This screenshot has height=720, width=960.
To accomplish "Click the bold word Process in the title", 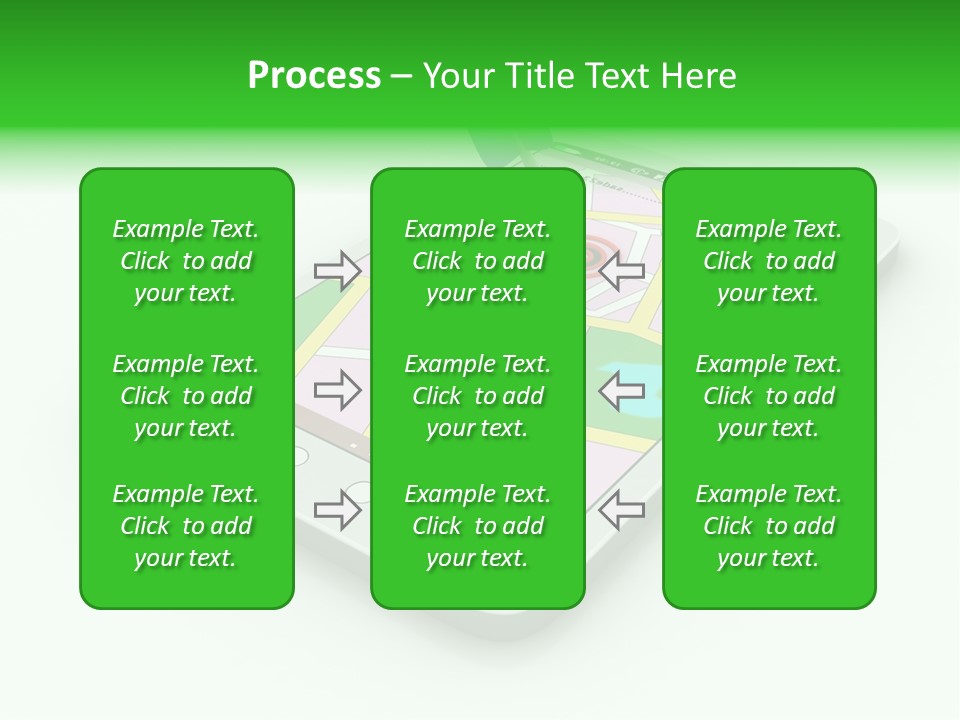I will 314,76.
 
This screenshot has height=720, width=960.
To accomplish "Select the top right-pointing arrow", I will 338,271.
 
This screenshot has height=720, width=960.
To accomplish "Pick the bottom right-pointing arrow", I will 338,510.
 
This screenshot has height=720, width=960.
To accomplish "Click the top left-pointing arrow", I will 621,271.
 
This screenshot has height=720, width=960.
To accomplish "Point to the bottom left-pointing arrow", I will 621,510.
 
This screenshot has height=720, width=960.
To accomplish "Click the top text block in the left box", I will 186,261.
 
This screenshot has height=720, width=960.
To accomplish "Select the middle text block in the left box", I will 186,396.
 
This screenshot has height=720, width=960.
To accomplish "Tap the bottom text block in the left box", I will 186,526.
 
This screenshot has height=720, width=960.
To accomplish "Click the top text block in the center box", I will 477,261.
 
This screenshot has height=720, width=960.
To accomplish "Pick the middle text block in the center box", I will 477,396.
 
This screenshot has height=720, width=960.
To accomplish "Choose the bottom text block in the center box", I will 477,526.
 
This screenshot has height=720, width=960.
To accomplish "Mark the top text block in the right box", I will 768,261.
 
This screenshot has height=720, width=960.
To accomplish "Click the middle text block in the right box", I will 768,396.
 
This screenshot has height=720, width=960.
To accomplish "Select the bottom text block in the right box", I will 768,526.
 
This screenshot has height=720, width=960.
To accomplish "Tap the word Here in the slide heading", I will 701,76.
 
